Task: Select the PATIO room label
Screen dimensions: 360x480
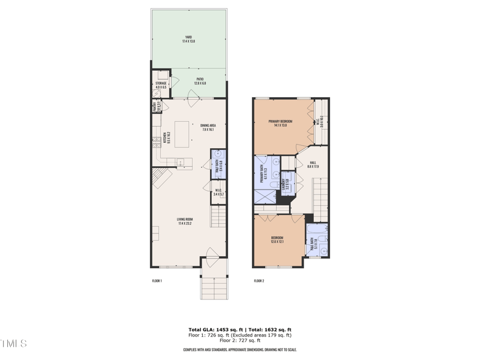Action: tap(200, 82)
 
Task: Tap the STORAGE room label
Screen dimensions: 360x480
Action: tap(161, 85)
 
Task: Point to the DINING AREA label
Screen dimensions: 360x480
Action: tap(207, 127)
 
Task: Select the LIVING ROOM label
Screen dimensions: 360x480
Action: tap(184, 221)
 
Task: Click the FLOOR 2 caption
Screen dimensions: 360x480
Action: tap(259, 281)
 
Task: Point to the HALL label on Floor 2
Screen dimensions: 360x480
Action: tap(313, 164)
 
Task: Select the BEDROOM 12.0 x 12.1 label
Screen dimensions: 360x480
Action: tap(277, 240)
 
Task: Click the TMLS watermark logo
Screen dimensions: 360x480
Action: tap(13, 344)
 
